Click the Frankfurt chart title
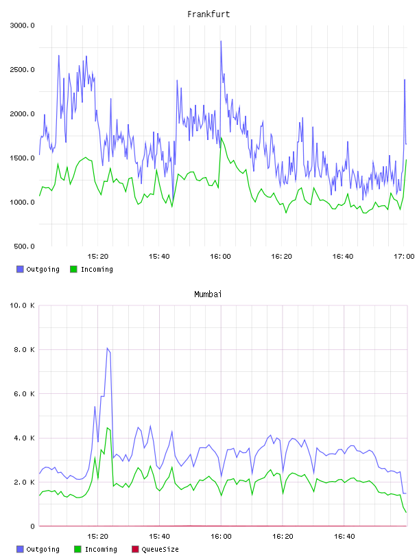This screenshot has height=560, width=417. pyautogui.click(x=208, y=14)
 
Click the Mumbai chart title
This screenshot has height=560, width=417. pyautogui.click(x=208, y=294)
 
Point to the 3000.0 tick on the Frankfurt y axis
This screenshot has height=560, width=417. pyautogui.click(x=22, y=25)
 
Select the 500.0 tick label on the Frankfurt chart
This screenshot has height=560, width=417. pyautogui.click(x=24, y=246)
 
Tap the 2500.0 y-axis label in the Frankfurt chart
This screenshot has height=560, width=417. pyautogui.click(x=22, y=69)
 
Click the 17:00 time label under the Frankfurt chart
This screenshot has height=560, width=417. pyautogui.click(x=404, y=257)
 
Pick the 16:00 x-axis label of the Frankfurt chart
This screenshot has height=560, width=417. pyautogui.click(x=220, y=257)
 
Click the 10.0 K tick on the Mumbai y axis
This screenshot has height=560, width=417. pyautogui.click(x=22, y=305)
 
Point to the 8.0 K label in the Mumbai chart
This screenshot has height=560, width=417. pyautogui.click(x=24, y=349)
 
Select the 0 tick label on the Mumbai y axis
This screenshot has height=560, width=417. pyautogui.click(x=32, y=526)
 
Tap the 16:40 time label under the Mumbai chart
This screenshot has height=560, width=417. pyautogui.click(x=344, y=537)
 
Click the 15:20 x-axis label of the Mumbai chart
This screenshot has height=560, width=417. pyautogui.click(x=97, y=537)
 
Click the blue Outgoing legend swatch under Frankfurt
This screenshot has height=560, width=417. pyautogui.click(x=20, y=269)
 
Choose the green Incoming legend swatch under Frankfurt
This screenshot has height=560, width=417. pyautogui.click(x=73, y=269)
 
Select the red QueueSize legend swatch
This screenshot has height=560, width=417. pyautogui.click(x=135, y=549)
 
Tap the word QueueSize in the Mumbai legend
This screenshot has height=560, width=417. pyautogui.click(x=160, y=549)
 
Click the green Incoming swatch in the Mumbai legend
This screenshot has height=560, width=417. pyautogui.click(x=78, y=549)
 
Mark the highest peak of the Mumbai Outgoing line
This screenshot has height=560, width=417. pyautogui.click(x=107, y=348)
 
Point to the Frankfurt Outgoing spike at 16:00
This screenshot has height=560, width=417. pyautogui.click(x=221, y=41)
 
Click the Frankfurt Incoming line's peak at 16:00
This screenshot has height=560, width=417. pyautogui.click(x=222, y=137)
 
